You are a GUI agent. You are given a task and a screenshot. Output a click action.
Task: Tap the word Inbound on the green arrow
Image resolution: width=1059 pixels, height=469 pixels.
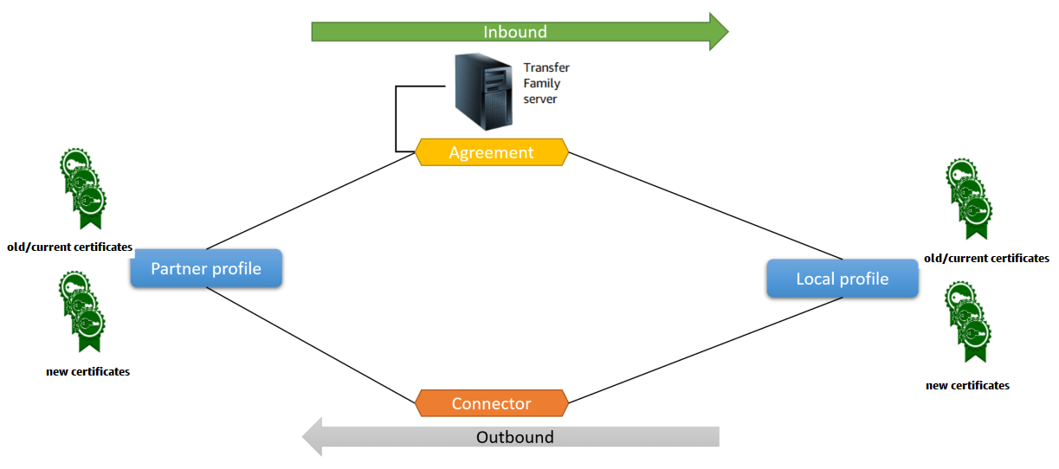coord(514,32)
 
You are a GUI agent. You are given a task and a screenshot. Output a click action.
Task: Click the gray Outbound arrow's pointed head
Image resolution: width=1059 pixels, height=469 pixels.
coord(313,436)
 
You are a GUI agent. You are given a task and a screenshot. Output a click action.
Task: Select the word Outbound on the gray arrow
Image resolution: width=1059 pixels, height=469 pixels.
coord(514,437)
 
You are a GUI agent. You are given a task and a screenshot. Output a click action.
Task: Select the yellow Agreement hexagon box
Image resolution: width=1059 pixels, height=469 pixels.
coord(491,152)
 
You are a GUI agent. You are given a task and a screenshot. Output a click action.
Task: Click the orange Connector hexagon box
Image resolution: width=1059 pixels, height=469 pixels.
coord(491,403)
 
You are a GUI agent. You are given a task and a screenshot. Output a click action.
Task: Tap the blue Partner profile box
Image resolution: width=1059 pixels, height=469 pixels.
coord(206,268)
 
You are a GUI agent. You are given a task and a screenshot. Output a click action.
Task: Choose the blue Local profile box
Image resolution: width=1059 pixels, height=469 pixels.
coord(842,279)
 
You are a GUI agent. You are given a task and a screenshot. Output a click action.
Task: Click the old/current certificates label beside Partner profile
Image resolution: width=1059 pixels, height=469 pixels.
coord(69,247)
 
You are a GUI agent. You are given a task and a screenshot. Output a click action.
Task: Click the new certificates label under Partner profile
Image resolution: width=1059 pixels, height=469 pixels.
coord(87,371)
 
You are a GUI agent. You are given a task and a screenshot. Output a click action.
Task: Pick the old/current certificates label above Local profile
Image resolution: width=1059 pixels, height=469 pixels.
coord(986,258)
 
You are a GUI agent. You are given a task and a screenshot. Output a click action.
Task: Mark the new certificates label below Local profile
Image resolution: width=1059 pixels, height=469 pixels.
coord(967,385)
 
